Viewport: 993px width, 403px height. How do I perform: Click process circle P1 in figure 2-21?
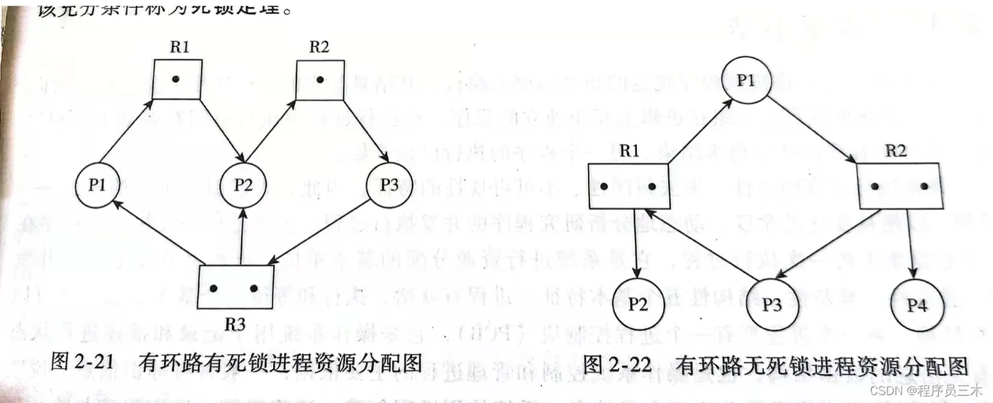(96, 186)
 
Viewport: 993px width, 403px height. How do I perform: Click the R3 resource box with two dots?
(235, 287)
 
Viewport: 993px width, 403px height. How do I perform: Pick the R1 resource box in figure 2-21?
(177, 79)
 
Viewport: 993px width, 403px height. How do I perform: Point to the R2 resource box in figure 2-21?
(320, 79)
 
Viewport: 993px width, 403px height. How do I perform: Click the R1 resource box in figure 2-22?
(627, 186)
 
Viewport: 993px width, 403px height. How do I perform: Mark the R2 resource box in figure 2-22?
(899, 186)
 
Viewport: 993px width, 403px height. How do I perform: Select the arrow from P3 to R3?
(321, 231)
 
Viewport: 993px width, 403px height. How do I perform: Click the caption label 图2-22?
(620, 365)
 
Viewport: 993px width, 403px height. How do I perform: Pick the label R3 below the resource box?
(235, 324)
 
